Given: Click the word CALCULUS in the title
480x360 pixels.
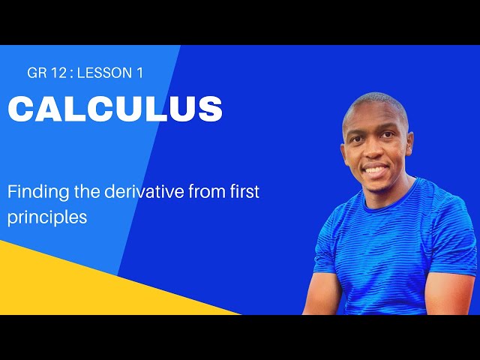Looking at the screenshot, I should point(115,109).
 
